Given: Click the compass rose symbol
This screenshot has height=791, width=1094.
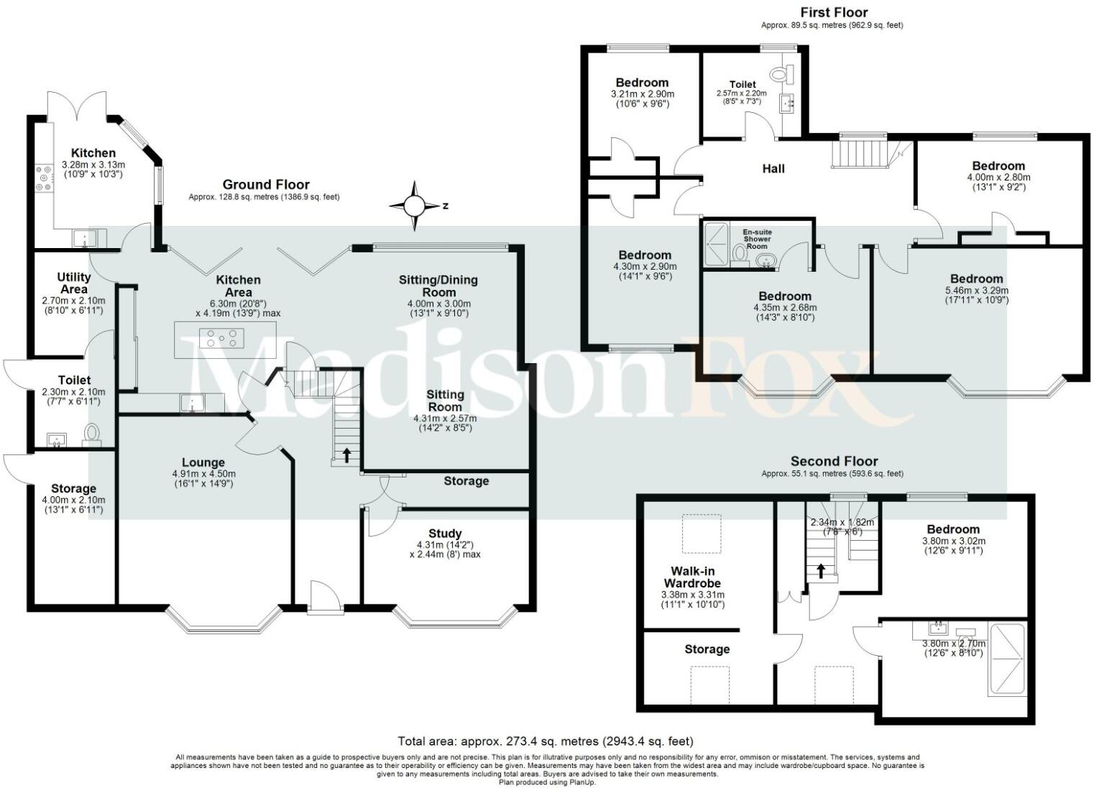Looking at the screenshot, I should point(414,206).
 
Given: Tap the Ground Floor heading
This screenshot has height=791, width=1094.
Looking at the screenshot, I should point(266,185).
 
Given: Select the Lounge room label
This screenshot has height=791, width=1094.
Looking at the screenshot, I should point(203,462).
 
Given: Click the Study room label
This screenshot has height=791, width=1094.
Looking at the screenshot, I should point(445,533).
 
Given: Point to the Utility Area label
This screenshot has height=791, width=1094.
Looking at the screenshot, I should point(74,282).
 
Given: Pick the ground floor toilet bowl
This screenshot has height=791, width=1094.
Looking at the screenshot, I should point(91,434).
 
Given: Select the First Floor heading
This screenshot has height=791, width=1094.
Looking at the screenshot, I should point(834,12).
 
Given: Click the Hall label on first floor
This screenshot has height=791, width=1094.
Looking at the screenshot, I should point(773,168).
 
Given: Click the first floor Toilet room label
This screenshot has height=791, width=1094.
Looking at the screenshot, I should point(742,84).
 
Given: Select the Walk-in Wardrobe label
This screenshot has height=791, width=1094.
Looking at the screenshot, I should point(691,577).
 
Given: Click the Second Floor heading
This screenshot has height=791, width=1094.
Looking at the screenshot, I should point(834,461).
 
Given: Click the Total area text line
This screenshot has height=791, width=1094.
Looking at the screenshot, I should point(546,741).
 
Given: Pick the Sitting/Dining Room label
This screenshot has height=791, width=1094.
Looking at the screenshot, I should point(438,285).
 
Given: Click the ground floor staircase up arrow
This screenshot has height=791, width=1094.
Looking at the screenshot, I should point(346,454).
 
